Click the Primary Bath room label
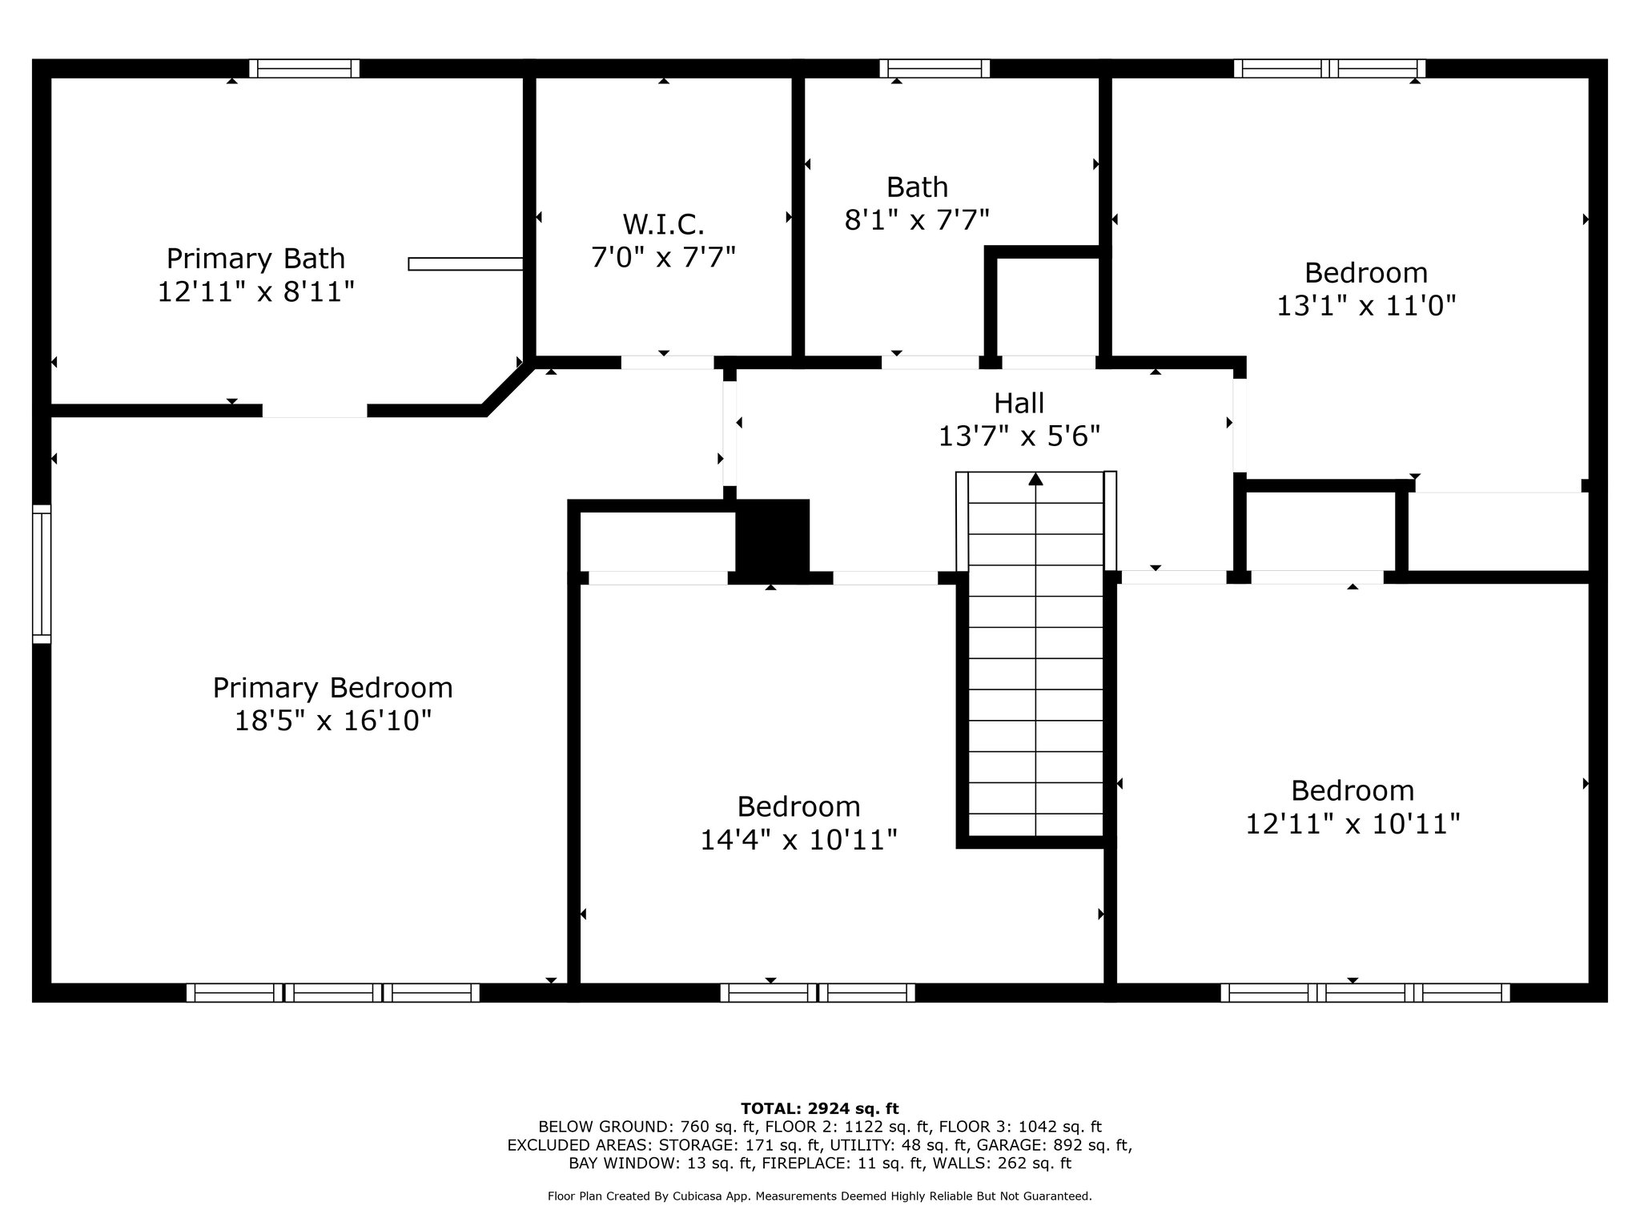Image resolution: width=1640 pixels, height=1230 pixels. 255,259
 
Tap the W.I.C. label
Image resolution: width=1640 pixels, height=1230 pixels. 663,224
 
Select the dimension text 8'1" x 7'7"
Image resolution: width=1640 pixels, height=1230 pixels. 917,219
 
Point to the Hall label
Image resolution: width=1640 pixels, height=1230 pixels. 1019,403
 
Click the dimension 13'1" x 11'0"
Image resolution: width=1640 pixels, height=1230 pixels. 1365,305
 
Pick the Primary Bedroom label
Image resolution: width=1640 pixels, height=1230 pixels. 332,688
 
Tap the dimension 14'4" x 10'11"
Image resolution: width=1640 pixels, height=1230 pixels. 798,840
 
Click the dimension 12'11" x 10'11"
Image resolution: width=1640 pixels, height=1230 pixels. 1353,824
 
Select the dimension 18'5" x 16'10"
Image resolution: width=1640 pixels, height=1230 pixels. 332,721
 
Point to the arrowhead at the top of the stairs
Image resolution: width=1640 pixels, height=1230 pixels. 1035,479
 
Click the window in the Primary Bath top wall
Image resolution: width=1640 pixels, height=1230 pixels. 304,69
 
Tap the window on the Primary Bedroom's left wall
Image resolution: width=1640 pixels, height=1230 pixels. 42,573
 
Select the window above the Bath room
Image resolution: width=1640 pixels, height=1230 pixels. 935,69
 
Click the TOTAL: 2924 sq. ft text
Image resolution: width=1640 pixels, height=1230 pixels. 819,1109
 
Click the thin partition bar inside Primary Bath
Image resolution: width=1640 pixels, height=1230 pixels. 465,264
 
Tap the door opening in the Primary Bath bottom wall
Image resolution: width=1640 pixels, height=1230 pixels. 315,411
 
